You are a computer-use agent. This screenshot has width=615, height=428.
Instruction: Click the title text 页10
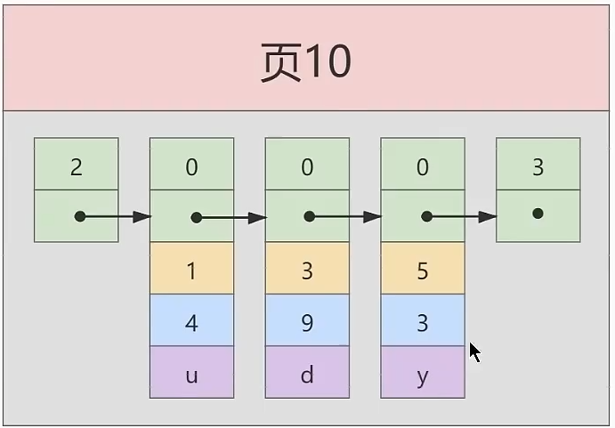tap(305, 61)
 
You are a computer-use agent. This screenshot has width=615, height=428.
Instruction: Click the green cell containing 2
tap(76, 166)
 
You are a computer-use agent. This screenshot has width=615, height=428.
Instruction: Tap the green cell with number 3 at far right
tap(538, 166)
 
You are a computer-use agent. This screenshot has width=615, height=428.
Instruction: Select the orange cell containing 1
tap(191, 270)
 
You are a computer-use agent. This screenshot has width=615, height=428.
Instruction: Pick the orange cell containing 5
tap(422, 270)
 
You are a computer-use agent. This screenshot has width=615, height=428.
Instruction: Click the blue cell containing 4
tap(191, 321)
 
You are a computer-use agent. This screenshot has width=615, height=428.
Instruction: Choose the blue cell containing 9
tap(307, 321)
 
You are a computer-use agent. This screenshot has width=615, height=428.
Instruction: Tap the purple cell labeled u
tap(191, 374)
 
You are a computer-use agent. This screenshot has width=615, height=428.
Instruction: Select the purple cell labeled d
tap(307, 374)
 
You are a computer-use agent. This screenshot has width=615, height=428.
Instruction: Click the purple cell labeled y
tap(422, 374)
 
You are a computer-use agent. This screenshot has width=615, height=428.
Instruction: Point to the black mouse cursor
tap(474, 351)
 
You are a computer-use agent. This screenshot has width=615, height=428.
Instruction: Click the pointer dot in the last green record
tap(538, 214)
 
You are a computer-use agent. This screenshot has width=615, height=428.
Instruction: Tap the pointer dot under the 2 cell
tap(80, 216)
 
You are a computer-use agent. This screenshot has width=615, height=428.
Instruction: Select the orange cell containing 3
tap(307, 270)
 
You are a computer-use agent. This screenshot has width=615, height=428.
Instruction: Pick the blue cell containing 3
tap(422, 321)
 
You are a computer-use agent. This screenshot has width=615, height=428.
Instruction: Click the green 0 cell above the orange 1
tap(191, 166)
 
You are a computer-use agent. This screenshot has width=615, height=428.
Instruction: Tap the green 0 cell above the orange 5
tap(422, 166)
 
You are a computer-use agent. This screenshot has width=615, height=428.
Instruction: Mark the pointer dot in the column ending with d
tap(310, 216)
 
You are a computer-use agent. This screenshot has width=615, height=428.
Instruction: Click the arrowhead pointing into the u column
tap(142, 216)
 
